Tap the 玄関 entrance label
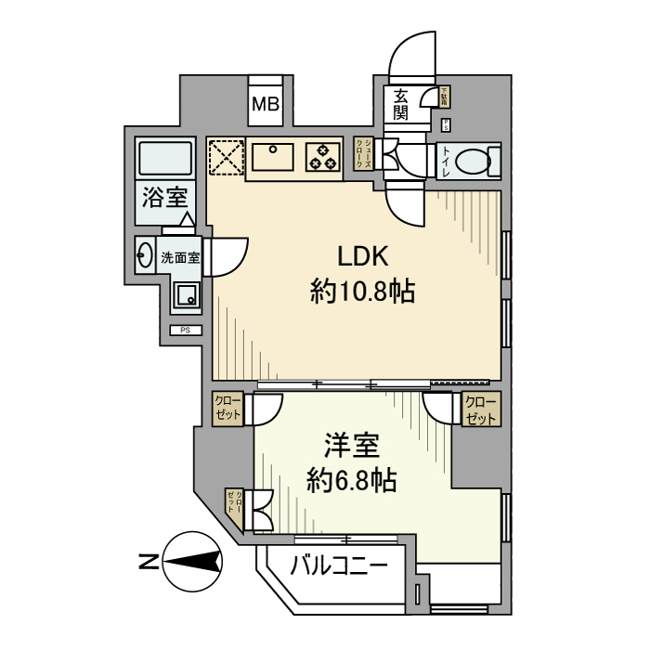(401, 103)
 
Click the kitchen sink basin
(274, 156)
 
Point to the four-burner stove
(323, 156)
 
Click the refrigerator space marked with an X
(225, 156)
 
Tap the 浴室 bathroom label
(165, 198)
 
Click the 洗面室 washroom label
(180, 258)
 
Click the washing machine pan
(186, 296)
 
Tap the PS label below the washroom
(185, 331)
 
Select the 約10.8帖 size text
(361, 292)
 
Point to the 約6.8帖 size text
(352, 480)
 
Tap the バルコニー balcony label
(337, 564)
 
